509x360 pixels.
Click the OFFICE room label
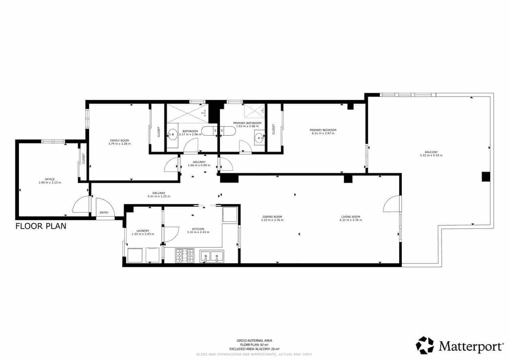tap(50, 179)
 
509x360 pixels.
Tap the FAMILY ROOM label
tap(119, 140)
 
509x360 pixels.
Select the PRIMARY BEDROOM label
tap(323, 130)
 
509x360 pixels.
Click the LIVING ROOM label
tap(351, 217)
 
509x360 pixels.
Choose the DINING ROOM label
tap(272, 217)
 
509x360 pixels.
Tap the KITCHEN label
tap(198, 229)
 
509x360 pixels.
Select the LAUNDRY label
tap(143, 231)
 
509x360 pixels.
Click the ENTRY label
tap(104, 213)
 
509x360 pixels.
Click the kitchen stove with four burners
tap(184, 256)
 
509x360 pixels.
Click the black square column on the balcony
tap(486, 177)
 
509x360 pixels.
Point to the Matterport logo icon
tap(425, 345)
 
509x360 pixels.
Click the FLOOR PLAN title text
tap(41, 226)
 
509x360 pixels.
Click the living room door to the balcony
tap(392, 204)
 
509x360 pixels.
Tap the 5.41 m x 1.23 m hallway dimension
tap(159, 196)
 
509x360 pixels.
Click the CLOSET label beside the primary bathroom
tap(274, 129)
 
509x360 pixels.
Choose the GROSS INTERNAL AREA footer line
tap(254, 340)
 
